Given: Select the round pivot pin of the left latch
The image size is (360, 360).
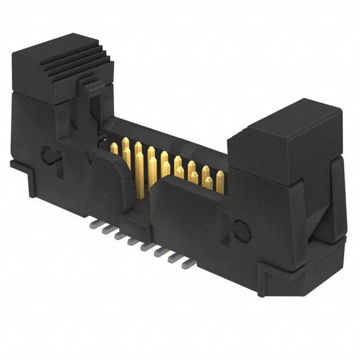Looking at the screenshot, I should (x=47, y=153).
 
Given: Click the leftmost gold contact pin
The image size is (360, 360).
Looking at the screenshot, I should (x=114, y=148).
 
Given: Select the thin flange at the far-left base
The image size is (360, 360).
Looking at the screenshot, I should (x=17, y=164).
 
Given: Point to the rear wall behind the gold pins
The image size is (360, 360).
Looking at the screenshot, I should (x=169, y=135).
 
